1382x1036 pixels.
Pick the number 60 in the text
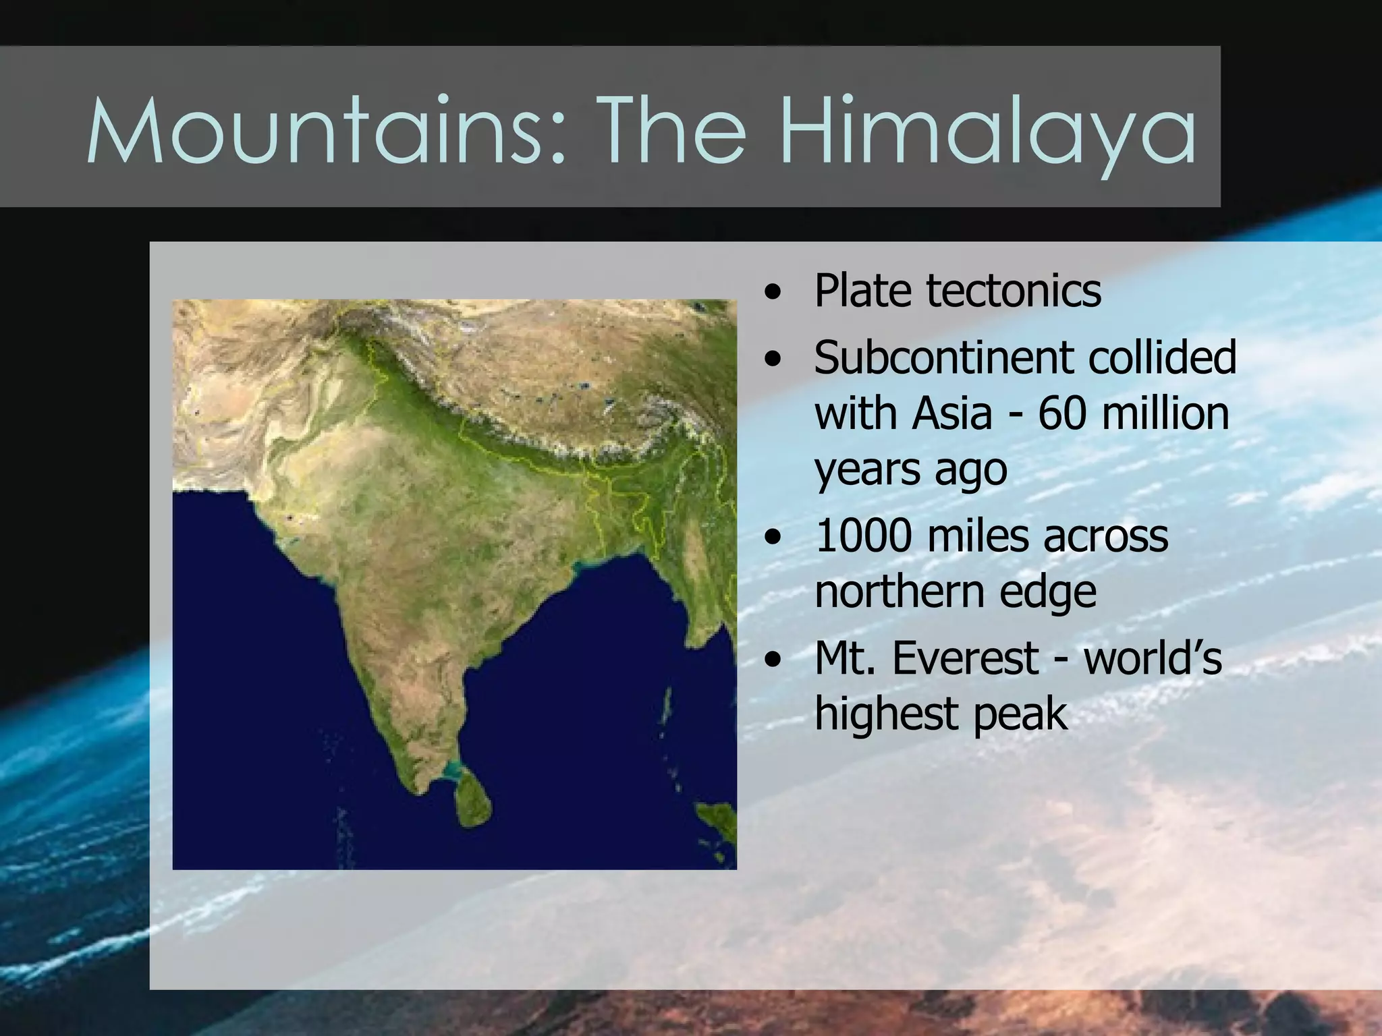pos(1061,413)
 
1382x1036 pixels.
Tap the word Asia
pos(951,413)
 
